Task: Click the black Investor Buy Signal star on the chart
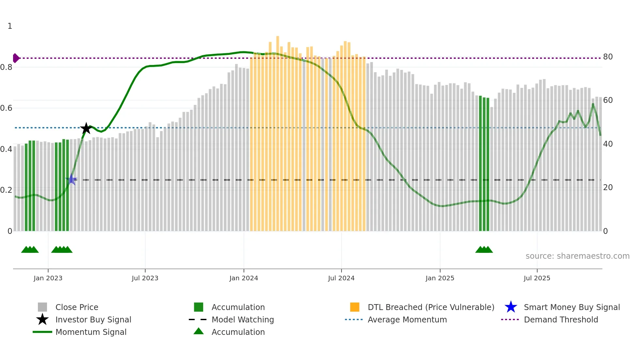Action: [86, 128]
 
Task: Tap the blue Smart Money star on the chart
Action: [72, 179]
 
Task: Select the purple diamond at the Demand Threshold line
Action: [16, 58]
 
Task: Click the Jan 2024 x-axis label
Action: [244, 278]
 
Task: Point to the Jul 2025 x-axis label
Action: [537, 278]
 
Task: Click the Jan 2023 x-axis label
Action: [48, 278]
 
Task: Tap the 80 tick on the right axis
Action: [608, 57]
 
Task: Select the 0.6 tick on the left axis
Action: [7, 108]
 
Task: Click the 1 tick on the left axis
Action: [10, 26]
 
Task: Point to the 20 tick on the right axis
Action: [608, 188]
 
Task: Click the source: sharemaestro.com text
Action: [577, 256]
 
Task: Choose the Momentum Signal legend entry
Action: [91, 332]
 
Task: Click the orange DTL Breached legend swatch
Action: [355, 307]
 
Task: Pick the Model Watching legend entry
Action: [242, 319]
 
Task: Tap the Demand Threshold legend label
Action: [561, 319]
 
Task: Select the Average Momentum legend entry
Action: [407, 319]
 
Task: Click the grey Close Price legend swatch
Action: [42, 307]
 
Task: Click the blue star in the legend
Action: [511, 307]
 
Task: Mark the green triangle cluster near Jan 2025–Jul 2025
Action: [484, 250]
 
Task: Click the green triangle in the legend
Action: [199, 331]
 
